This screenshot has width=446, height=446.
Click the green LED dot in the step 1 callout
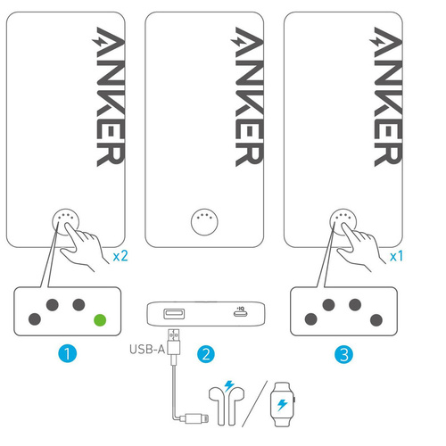click(100, 320)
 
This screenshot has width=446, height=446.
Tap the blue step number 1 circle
click(68, 354)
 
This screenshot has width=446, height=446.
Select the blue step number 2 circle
click(206, 354)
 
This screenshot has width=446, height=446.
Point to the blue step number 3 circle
click(343, 354)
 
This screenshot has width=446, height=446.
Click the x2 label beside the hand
click(120, 256)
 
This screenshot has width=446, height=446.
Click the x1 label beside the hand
click(397, 256)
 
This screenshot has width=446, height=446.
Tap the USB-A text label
click(147, 349)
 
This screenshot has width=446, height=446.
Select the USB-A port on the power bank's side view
click(174, 314)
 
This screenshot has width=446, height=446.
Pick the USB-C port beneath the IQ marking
click(240, 313)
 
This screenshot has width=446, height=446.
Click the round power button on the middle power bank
click(204, 222)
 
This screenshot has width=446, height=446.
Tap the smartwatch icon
click(283, 404)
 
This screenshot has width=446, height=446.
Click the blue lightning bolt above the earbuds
click(229, 386)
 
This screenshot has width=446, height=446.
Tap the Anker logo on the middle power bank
click(247, 96)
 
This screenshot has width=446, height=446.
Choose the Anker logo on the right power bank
click(386, 96)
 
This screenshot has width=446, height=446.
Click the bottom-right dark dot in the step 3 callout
click(376, 320)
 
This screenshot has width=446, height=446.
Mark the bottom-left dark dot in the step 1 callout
click(35, 319)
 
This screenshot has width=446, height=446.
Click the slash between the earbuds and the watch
click(254, 404)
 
